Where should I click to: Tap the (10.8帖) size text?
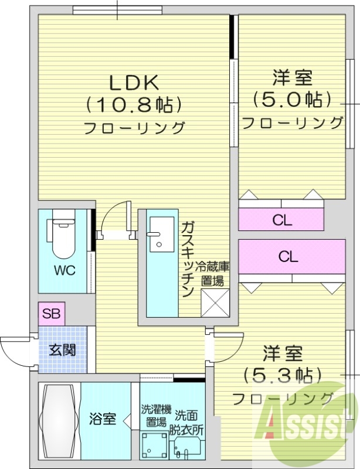click(x=133, y=104)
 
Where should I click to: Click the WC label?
click(x=64, y=270)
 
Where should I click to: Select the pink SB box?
click(x=52, y=313)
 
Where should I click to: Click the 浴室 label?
click(x=102, y=419)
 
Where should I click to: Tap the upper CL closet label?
click(x=281, y=220)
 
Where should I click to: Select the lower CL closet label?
click(x=288, y=257)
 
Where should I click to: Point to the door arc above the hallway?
click(x=114, y=217)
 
